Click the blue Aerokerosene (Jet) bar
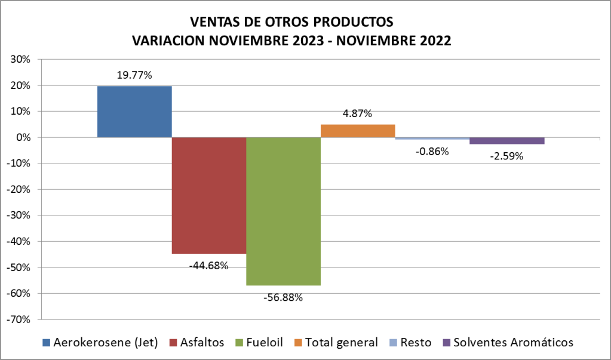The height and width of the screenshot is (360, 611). (134, 112)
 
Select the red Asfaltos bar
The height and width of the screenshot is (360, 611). (209, 195)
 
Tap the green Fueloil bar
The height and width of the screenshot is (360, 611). (283, 211)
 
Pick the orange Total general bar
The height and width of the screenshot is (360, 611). (358, 131)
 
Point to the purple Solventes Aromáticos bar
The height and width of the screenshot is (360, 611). (506, 141)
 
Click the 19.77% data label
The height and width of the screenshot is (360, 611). (134, 76)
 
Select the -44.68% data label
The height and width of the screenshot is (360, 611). (208, 265)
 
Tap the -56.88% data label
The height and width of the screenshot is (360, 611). (283, 297)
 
